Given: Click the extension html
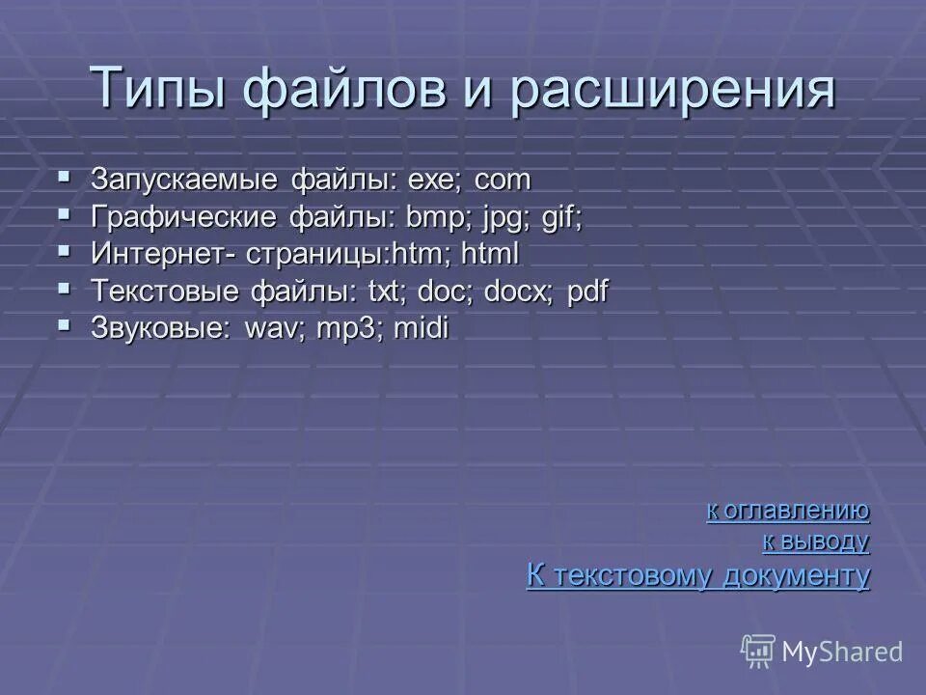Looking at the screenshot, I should point(490,255).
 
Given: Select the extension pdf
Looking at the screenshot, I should point(588,292).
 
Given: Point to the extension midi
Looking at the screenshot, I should point(421,328).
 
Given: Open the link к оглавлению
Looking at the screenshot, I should point(788,511).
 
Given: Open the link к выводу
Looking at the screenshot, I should point(816,542).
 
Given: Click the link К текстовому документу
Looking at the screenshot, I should point(698,576).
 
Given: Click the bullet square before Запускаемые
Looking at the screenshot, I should point(64,177).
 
